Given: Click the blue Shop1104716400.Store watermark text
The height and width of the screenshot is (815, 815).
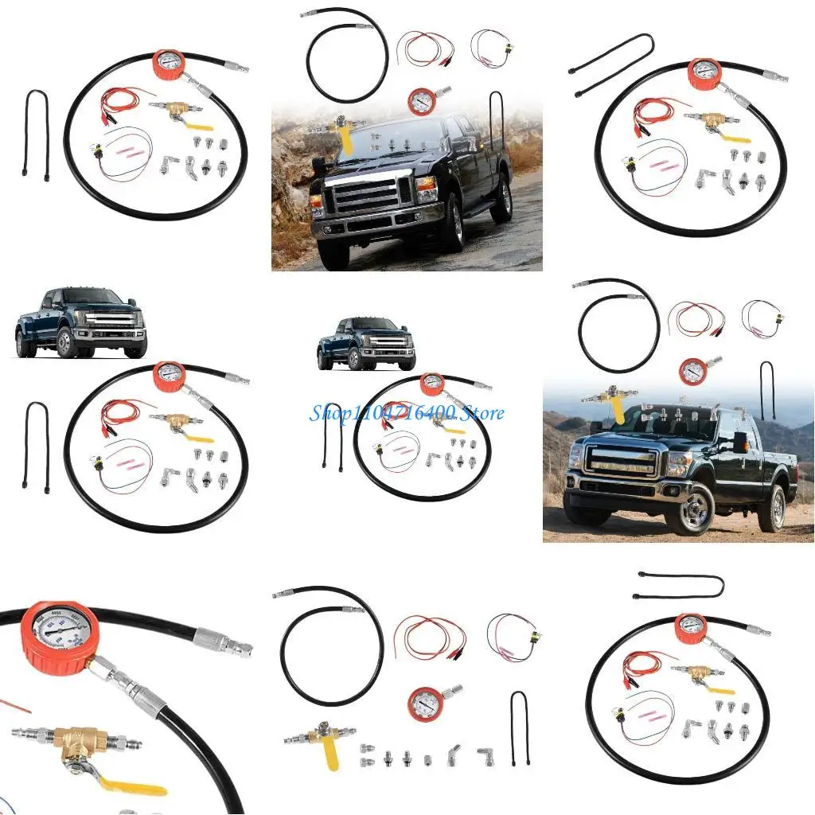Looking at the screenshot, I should (407, 413).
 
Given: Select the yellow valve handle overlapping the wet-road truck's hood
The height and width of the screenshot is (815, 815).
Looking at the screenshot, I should (347, 142).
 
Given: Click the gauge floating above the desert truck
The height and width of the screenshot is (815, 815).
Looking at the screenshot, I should (692, 371).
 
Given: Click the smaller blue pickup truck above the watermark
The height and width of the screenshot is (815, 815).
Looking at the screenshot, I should (367, 344).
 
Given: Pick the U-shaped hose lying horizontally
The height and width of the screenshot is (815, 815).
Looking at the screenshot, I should (679, 587).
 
